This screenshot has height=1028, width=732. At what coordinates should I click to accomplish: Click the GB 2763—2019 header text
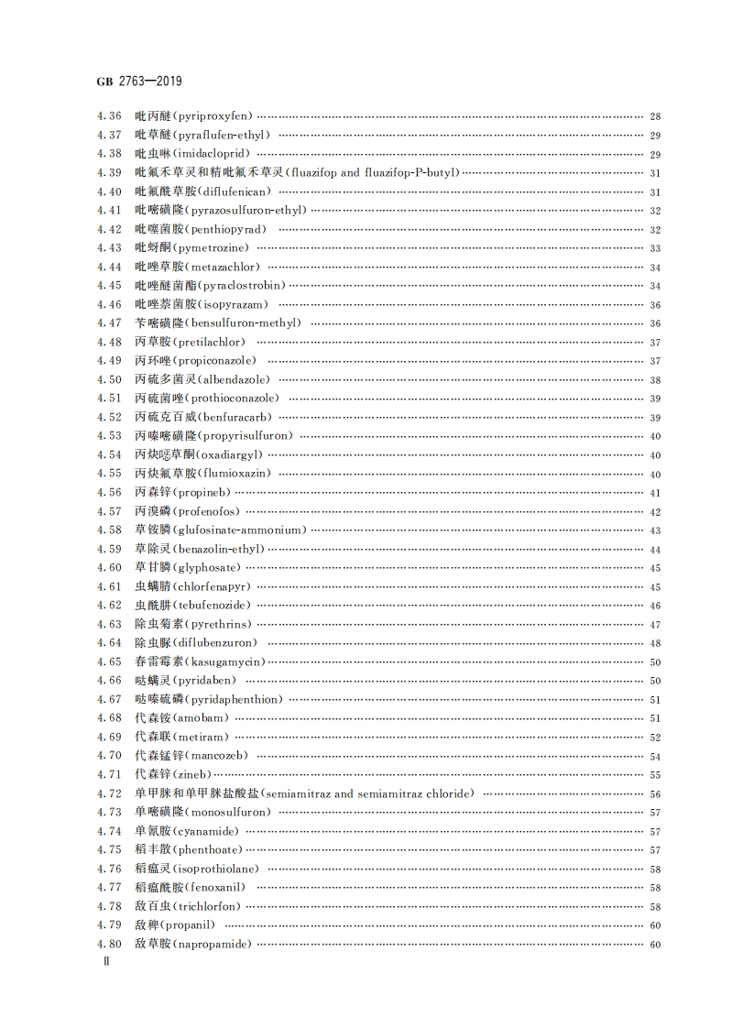tap(139, 82)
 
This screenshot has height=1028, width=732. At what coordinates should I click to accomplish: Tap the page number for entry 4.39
tap(655, 173)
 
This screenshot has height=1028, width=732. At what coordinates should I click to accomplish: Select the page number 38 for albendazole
tap(655, 380)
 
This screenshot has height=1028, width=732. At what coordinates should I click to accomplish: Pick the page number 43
tap(655, 530)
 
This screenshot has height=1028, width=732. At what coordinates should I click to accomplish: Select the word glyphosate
tap(204, 568)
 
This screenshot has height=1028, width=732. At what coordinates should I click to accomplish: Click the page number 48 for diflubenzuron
tap(655, 643)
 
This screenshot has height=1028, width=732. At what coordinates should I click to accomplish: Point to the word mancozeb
tap(217, 756)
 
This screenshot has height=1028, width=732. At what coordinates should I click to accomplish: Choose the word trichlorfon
tap(208, 906)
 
